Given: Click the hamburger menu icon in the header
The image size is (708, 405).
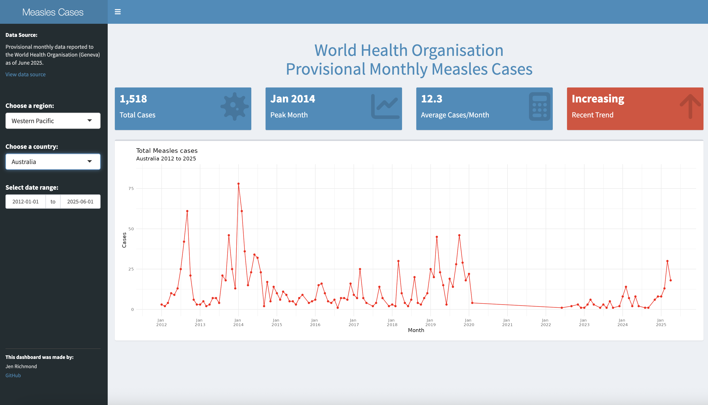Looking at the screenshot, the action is [x=118, y=12].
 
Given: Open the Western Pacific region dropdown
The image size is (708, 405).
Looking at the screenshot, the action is [x=53, y=121].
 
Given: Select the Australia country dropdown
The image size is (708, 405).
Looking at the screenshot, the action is [x=53, y=162].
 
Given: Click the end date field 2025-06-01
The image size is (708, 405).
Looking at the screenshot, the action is [x=80, y=202].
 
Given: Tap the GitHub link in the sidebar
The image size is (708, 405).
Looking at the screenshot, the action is [x=13, y=376].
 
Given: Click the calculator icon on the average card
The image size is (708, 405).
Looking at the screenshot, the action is [x=539, y=106].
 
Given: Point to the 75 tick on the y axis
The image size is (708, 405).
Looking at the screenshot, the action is [x=131, y=188].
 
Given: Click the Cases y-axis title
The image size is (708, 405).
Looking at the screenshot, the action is [x=124, y=240].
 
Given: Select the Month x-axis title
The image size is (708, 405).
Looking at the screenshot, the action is [x=416, y=330].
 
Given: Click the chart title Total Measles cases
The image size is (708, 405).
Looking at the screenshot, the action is [x=167, y=151].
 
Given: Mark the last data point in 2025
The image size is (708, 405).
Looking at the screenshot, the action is [x=670, y=280].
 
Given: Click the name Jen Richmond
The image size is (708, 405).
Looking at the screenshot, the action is [x=21, y=366].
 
